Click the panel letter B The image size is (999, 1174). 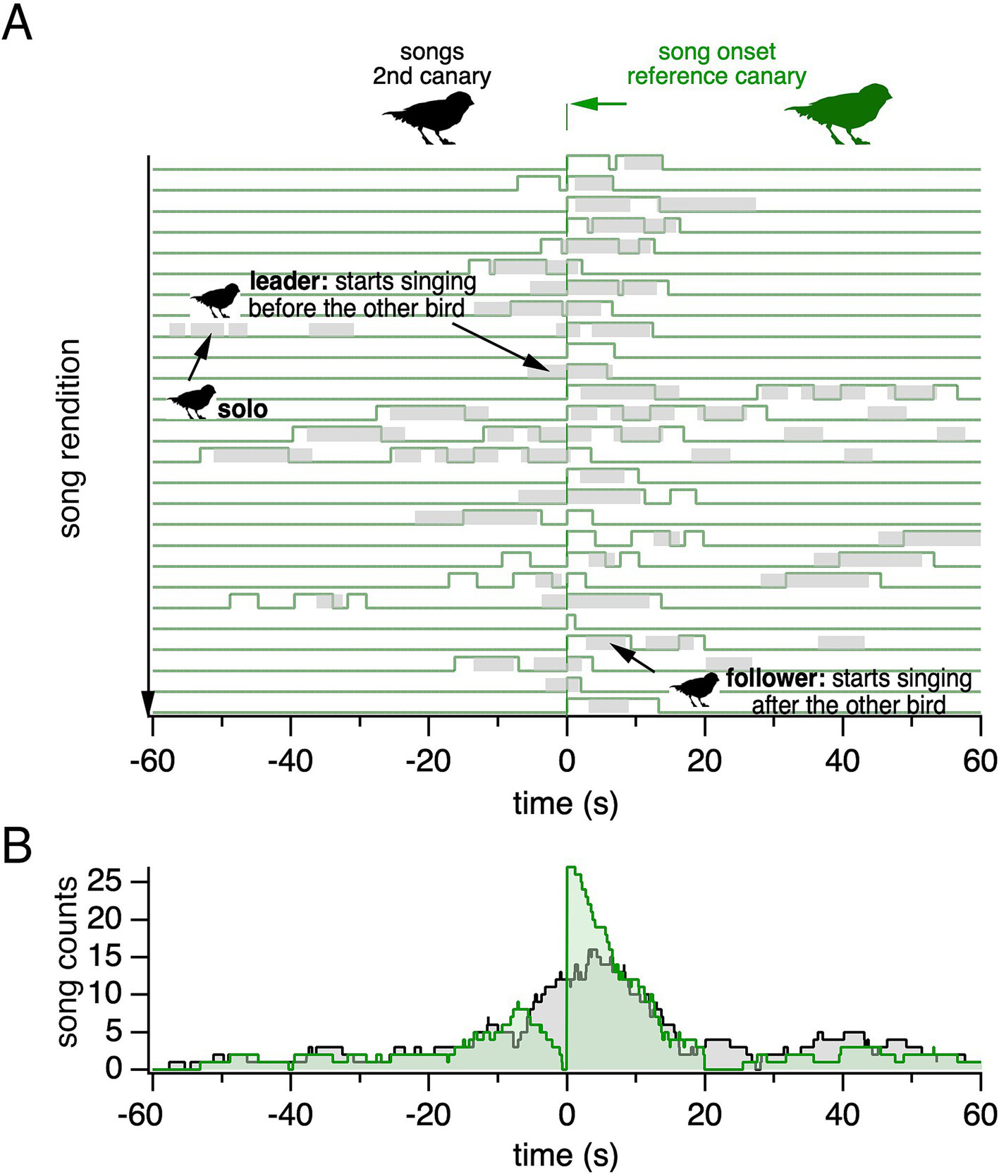[17, 845]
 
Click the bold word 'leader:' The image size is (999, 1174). [288, 282]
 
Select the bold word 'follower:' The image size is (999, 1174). [775, 679]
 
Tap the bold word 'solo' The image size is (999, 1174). [243, 409]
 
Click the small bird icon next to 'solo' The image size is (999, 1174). [192, 401]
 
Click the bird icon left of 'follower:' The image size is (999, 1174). [695, 689]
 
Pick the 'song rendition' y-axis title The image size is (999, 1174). [70, 438]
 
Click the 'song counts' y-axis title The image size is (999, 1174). [68, 962]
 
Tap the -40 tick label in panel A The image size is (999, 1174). [291, 761]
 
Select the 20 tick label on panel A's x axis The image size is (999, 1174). [704, 761]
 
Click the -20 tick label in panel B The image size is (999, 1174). [427, 1115]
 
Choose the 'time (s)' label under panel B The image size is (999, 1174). [565, 1156]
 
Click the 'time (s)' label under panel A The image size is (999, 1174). [565, 803]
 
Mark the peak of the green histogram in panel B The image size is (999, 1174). [571, 868]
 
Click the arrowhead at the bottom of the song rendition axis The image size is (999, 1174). [148, 704]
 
